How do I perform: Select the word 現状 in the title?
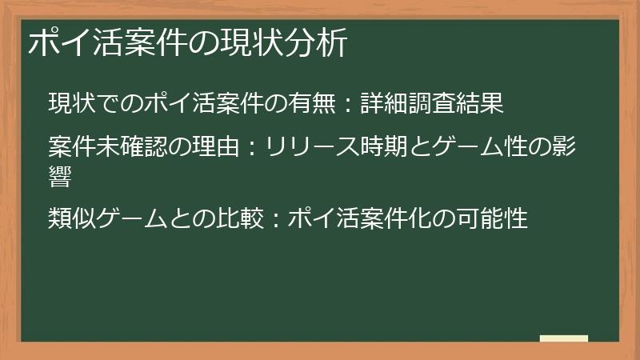coord(257,43)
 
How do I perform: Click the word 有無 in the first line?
coord(311,103)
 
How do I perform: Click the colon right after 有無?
coord(347,104)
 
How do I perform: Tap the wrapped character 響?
coord(61,178)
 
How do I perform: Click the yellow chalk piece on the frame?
coord(564,338)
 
